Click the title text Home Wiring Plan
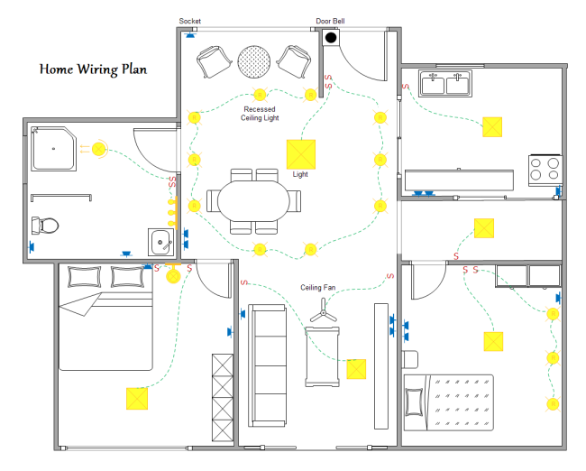tap(93, 69)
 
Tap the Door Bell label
tap(329, 21)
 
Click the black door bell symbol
tap(331, 38)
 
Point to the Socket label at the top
tap(190, 21)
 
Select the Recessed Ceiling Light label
tap(259, 114)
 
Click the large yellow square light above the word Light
tap(300, 153)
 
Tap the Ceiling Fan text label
tap(318, 288)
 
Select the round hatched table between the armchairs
tap(253, 60)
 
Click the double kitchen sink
tap(446, 85)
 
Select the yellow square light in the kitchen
tap(492, 126)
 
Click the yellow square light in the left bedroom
tap(137, 398)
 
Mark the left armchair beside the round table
tap(215, 61)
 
